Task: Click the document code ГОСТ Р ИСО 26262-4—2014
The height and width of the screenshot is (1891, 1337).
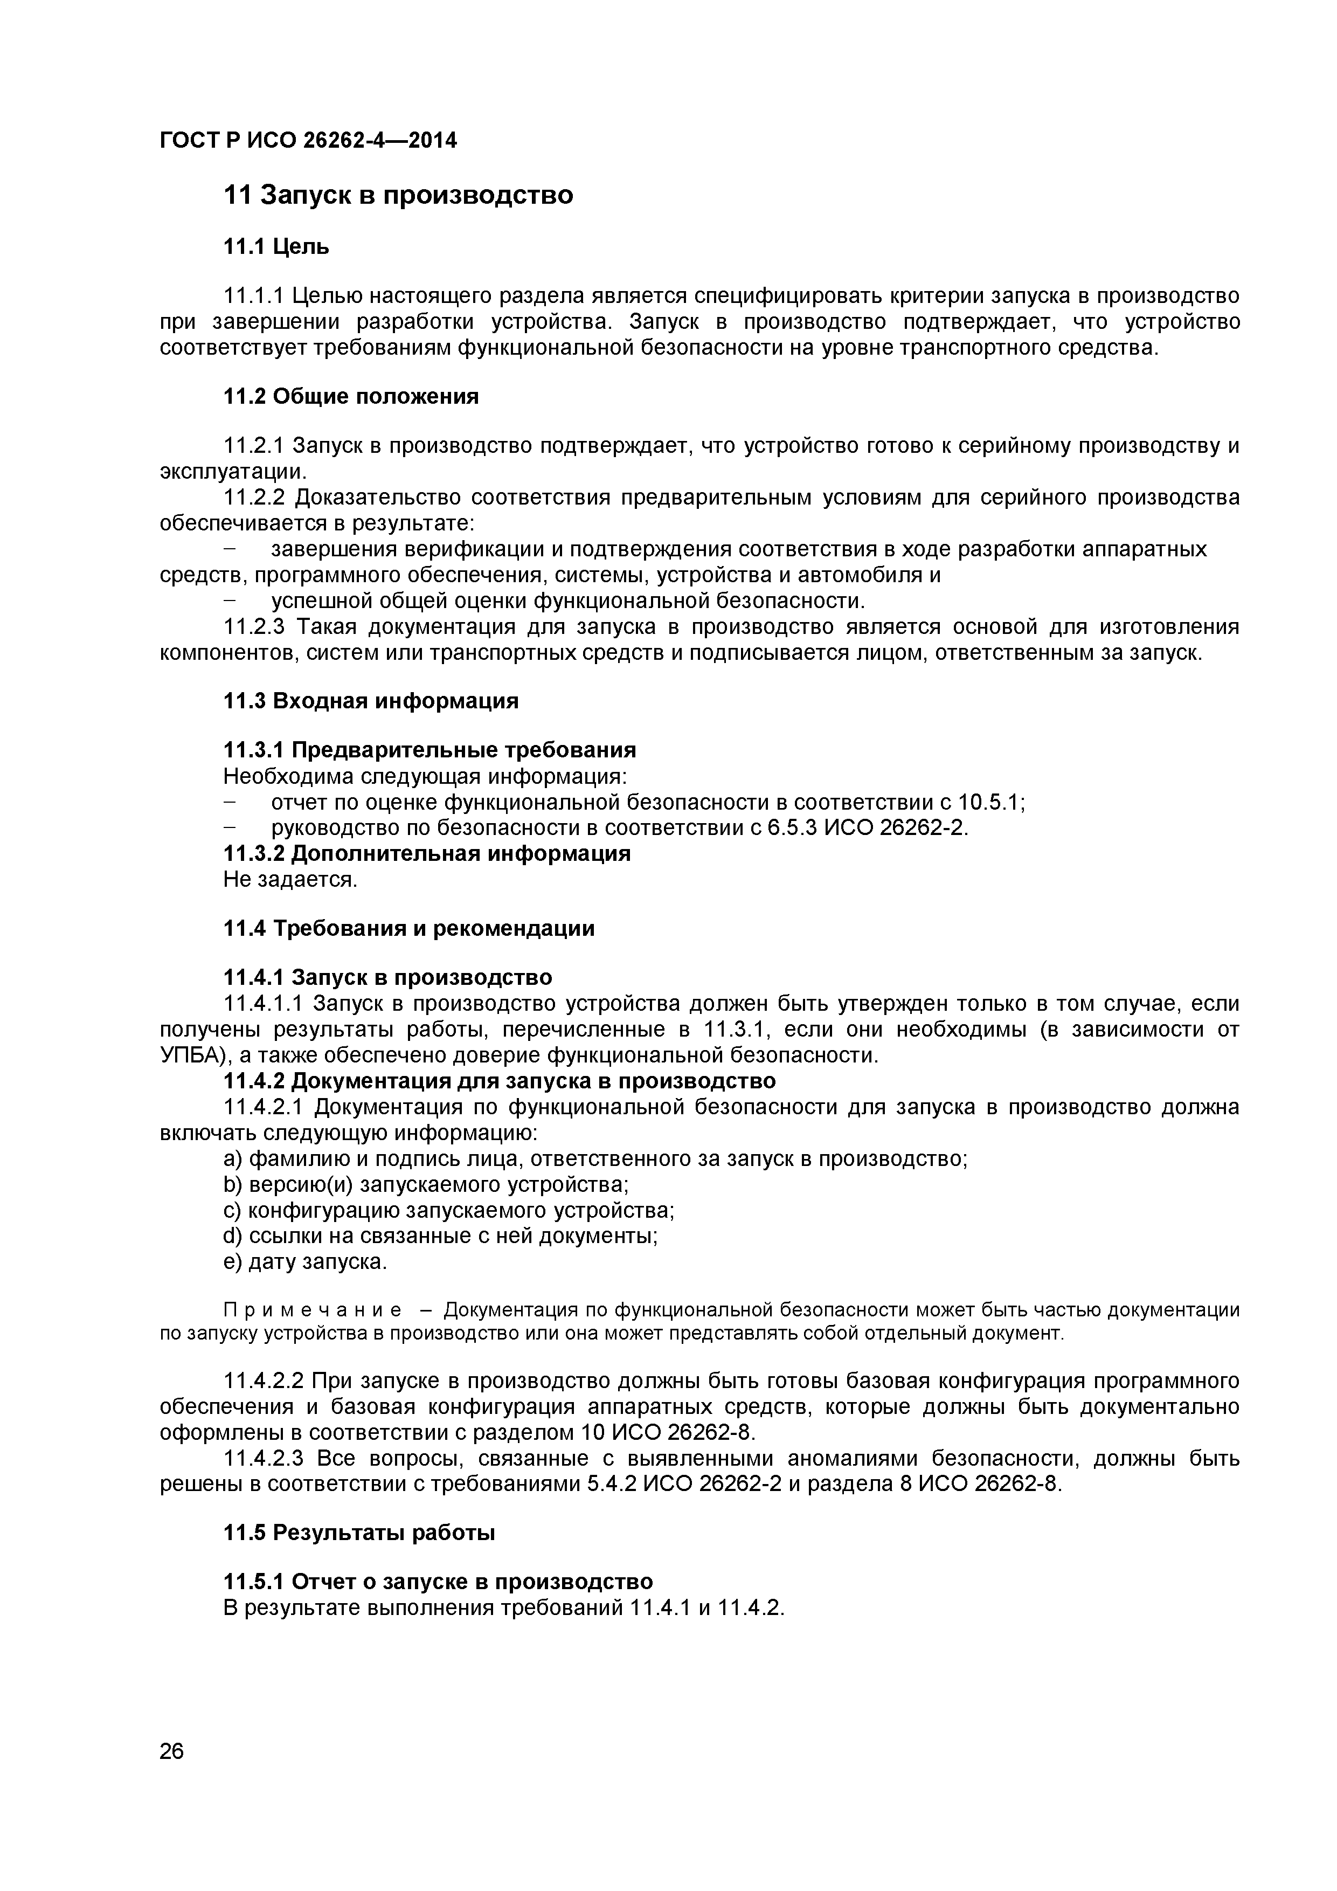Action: point(308,141)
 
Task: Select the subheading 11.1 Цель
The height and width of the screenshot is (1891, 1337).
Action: point(276,246)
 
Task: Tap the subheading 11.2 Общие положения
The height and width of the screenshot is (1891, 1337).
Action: point(351,397)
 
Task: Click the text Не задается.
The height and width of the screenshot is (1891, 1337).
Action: point(290,880)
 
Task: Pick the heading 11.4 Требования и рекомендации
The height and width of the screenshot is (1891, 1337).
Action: point(409,928)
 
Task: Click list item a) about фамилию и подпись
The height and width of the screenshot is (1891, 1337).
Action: point(595,1159)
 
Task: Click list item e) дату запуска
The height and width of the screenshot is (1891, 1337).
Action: point(304,1262)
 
